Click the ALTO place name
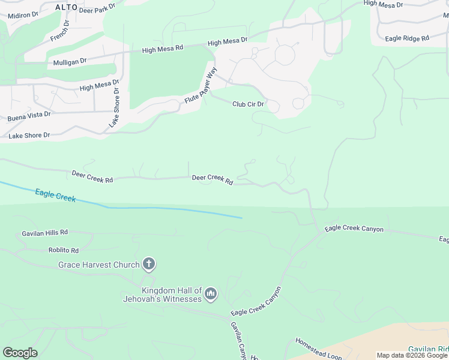(66, 7)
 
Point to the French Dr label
(60, 31)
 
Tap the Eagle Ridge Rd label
(407, 38)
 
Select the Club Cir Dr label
(248, 104)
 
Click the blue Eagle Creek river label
(55, 195)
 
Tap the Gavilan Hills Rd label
(45, 232)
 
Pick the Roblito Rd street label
(64, 250)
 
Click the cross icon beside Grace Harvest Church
(149, 264)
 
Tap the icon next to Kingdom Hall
(210, 293)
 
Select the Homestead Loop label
(318, 349)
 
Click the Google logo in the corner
(20, 352)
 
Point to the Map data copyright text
(412, 355)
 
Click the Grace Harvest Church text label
(98, 265)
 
